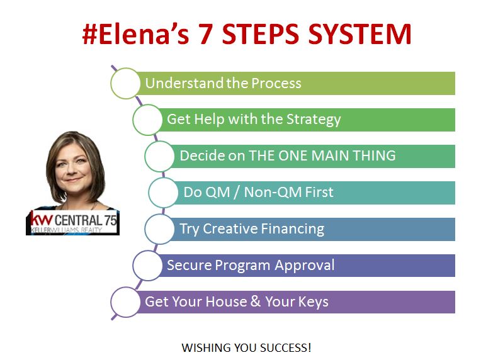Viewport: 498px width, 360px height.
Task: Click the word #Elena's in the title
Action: [x=135, y=33]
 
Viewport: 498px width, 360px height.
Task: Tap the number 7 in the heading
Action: [x=205, y=34]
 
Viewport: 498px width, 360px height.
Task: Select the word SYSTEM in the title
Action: [x=360, y=34]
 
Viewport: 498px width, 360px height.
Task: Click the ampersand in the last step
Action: [x=256, y=301]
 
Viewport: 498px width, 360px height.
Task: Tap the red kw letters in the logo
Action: [x=42, y=219]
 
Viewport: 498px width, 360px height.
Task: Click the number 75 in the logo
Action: [x=111, y=220]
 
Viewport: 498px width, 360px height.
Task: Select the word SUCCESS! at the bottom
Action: [x=286, y=347]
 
